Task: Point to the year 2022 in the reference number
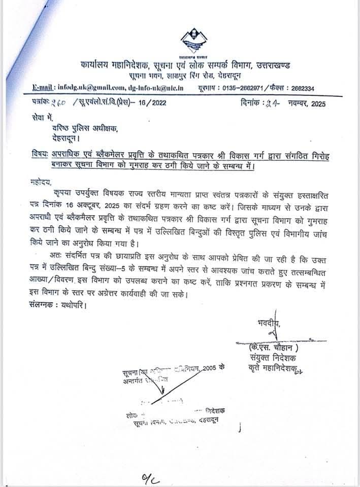tap(154, 104)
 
